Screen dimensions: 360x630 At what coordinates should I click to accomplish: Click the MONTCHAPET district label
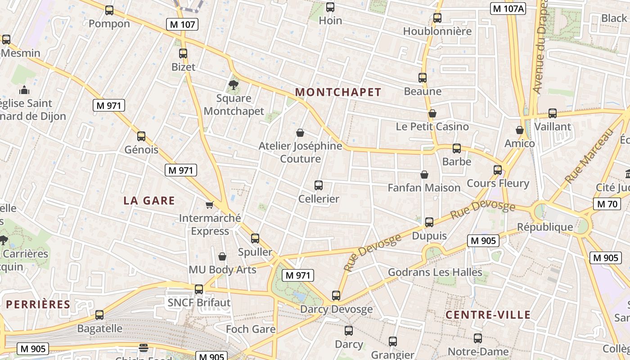pos(338,92)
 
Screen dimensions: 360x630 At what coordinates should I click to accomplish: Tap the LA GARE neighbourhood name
pos(149,201)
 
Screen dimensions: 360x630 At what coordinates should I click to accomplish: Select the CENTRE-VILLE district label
pos(488,315)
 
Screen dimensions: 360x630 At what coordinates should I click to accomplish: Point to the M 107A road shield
pos(508,9)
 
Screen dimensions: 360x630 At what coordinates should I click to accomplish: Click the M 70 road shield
pos(607,204)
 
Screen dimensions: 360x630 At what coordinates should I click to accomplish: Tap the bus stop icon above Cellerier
pos(319,185)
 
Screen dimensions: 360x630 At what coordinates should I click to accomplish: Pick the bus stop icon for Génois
pos(141,136)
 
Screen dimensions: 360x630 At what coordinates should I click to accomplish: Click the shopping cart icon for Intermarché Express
pos(209,205)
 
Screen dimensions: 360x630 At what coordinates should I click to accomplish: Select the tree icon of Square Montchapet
pos(233,84)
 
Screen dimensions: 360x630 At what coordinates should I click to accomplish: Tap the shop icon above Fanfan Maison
pos(424,175)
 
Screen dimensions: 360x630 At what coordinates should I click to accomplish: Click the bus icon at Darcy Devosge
pos(336,296)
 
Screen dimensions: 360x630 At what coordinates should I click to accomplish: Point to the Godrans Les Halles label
pos(435,272)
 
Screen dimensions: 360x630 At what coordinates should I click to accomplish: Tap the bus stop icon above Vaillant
pos(553,113)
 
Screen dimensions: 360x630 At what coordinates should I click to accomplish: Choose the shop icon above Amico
pos(520,130)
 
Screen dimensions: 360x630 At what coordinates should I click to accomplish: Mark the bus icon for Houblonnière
pos(437,18)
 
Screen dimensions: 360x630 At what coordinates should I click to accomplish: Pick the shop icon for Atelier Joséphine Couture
pos(300,133)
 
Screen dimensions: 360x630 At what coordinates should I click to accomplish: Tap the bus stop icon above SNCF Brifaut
pos(199,289)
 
